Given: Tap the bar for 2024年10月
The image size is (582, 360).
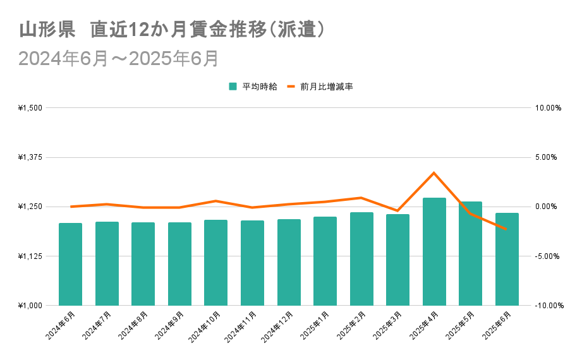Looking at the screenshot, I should point(215,263).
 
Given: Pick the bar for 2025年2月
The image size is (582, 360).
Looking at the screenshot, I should point(361,259).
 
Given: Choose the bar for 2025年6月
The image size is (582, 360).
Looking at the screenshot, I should point(507,259).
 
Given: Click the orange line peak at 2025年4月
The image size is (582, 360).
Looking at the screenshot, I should point(434,172).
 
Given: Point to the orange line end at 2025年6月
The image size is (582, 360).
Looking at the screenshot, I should point(506,229).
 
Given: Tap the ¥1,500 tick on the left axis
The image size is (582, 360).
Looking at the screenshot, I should point(30,108).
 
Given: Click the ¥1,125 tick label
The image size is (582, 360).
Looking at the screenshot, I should point(30,256).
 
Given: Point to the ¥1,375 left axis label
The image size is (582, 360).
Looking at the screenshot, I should point(30,157).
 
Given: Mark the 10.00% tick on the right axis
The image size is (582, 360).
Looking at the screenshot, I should point(548,108).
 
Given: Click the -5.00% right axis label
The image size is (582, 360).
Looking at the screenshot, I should point(548,256).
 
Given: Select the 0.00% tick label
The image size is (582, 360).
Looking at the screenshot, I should point(548,207).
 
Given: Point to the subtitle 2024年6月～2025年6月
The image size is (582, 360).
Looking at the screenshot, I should point(119,58).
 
